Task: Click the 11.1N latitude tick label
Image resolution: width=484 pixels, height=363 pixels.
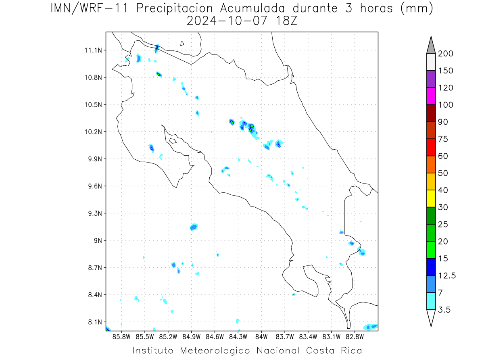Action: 93,50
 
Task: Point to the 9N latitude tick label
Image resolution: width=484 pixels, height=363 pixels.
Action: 98,240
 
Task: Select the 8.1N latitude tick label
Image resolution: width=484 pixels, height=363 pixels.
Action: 95,322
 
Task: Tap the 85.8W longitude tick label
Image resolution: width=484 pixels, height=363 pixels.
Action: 121,337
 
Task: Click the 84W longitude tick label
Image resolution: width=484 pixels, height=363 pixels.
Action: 261,337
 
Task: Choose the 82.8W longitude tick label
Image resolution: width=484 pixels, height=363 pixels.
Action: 355,337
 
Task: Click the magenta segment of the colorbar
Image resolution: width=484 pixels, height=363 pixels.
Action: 431,96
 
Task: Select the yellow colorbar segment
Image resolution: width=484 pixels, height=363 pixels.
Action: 431,198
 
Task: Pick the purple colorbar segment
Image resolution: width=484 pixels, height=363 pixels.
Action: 431,79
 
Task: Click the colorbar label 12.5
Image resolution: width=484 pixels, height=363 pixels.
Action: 447,276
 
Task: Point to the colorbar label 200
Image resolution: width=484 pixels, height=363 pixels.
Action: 445,54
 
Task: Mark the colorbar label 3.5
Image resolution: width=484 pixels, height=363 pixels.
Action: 444,310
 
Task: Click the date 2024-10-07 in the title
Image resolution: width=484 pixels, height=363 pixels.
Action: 227,21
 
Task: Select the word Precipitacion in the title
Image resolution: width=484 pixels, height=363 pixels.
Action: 175,8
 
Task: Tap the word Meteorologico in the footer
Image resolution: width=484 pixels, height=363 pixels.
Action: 215,350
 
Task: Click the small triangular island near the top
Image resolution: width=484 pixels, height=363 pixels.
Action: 182,44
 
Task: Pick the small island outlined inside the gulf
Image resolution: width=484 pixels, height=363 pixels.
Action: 173,141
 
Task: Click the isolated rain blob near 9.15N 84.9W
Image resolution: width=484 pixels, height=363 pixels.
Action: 194,227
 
